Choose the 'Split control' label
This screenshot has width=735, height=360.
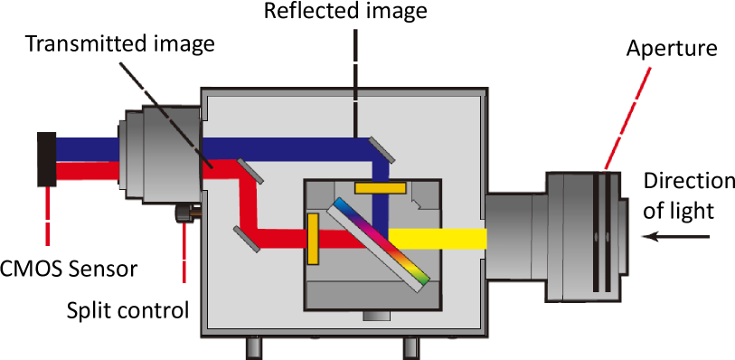(128, 310)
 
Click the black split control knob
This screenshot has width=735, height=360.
(183, 214)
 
